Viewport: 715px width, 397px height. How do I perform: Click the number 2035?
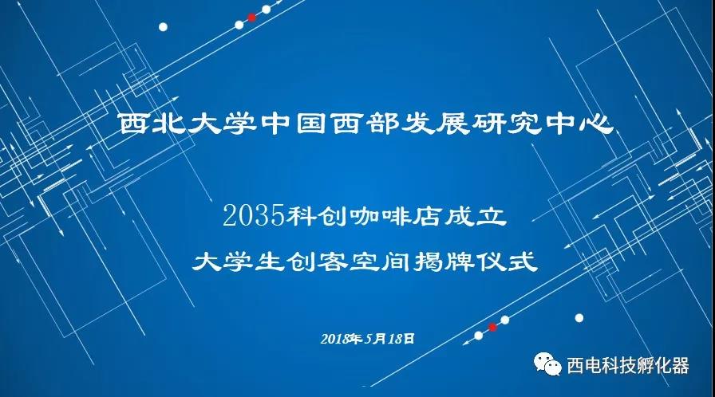(x=255, y=215)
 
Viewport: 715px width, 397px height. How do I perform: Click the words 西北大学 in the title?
(x=187, y=123)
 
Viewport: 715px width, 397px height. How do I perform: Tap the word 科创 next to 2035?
(x=317, y=216)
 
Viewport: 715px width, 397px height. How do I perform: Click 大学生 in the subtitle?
(x=238, y=261)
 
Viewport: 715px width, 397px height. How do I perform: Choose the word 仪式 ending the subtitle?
(x=507, y=261)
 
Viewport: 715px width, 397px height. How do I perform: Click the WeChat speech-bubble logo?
(x=547, y=364)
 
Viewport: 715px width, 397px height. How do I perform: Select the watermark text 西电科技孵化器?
(x=627, y=366)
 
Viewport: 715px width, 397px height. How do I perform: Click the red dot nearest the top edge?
(x=251, y=18)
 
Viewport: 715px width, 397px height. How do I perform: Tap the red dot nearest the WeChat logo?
(x=492, y=327)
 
